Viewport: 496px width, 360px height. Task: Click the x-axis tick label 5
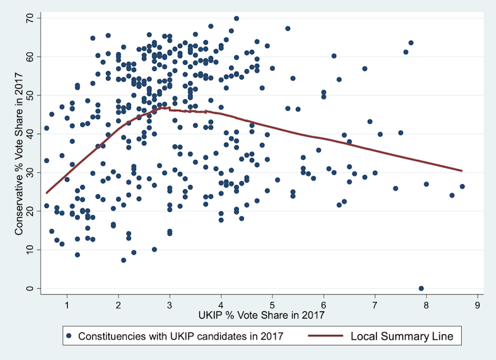[272, 305]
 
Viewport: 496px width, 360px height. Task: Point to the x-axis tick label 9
[478, 305]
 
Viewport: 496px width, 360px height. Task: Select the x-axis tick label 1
[67, 305]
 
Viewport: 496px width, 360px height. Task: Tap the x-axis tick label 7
[375, 305]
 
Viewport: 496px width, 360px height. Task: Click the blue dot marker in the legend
[70, 336]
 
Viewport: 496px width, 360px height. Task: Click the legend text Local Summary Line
[401, 336]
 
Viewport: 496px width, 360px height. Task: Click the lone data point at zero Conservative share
[421, 288]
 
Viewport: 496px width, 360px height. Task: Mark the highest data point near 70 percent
[236, 18]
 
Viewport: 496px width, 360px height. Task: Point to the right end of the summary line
[462, 170]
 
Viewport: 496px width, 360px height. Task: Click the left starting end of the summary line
[46, 193]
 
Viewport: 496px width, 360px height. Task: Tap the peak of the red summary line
[169, 107]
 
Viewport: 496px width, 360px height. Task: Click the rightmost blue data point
[462, 186]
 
